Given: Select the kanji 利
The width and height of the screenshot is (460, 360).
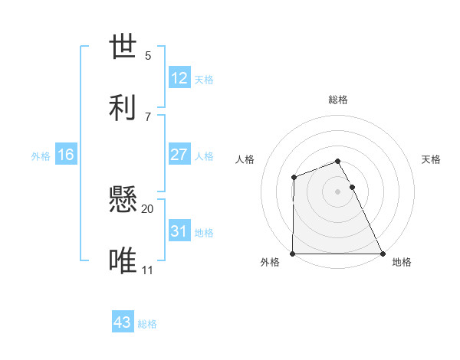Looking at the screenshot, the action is (x=125, y=106).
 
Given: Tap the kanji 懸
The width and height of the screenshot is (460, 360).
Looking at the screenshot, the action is (x=125, y=200).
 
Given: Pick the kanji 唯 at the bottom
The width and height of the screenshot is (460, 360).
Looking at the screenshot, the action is (x=125, y=260).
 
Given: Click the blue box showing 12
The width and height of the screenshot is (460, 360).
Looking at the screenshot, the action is (x=179, y=78).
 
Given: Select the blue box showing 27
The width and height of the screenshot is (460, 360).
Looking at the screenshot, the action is (x=179, y=154).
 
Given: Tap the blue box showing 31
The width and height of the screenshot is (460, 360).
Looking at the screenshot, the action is (x=179, y=231).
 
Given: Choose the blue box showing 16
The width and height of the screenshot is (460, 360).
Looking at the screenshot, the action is (x=66, y=155).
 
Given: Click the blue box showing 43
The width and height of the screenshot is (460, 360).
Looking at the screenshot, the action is (x=123, y=322).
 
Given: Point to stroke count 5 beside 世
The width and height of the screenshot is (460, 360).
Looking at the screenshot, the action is (x=148, y=56).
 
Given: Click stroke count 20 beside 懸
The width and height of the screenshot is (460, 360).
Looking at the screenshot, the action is (x=148, y=208).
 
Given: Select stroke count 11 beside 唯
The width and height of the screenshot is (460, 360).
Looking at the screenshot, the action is (x=148, y=270).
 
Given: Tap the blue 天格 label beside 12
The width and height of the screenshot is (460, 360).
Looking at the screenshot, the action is (x=204, y=79).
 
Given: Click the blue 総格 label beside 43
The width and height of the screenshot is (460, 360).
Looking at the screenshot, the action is (x=147, y=323).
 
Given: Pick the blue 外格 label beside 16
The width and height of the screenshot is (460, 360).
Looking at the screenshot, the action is (x=41, y=155).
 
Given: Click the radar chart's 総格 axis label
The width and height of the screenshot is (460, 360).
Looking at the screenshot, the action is (x=338, y=100).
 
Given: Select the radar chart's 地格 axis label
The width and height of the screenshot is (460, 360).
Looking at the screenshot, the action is (x=402, y=262).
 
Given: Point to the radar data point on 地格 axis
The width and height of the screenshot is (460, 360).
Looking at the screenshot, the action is (x=383, y=254).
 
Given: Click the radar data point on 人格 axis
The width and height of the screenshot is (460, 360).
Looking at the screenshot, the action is (x=294, y=178).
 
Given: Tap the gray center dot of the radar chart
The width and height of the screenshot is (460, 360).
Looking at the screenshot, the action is (x=338, y=191).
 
